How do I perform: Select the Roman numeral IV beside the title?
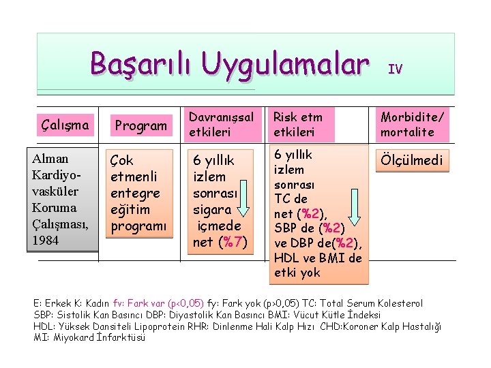[x=395, y=68]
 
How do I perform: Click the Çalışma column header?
[x=65, y=125]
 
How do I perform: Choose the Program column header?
[x=141, y=125]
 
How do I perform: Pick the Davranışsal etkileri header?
[x=221, y=124]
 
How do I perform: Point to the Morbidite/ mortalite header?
[x=413, y=124]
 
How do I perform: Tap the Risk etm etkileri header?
[x=298, y=124]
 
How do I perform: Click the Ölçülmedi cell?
[x=413, y=161]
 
